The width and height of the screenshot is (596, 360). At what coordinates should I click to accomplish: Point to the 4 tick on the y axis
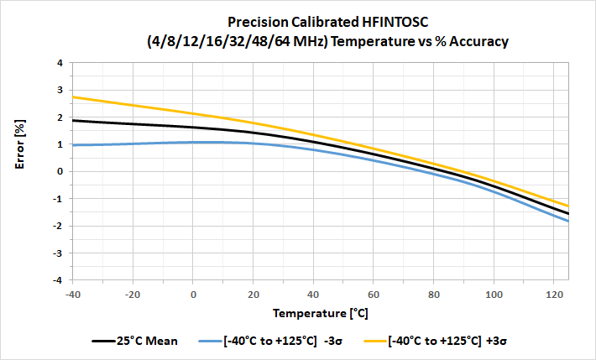[x=59, y=63]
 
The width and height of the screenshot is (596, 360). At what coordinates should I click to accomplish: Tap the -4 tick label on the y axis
[x=56, y=280]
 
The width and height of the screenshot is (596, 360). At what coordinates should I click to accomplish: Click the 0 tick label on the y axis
[x=59, y=171]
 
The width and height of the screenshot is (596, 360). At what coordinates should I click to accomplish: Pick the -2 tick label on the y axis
[x=56, y=226]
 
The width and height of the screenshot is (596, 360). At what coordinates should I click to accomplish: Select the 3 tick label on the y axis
[x=59, y=90]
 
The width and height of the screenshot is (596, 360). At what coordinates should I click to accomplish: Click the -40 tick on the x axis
[x=73, y=293]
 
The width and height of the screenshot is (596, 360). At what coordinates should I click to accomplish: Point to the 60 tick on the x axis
[x=374, y=293]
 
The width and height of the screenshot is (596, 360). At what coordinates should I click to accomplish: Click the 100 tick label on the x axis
[x=494, y=293]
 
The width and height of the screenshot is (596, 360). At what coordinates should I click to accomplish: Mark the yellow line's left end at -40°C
[x=74, y=97]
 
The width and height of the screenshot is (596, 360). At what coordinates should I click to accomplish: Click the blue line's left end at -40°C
[x=74, y=145]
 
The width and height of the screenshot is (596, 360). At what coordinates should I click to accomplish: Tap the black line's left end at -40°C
[x=74, y=121]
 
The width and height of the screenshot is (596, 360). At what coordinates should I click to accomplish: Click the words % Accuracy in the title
[x=469, y=41]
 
